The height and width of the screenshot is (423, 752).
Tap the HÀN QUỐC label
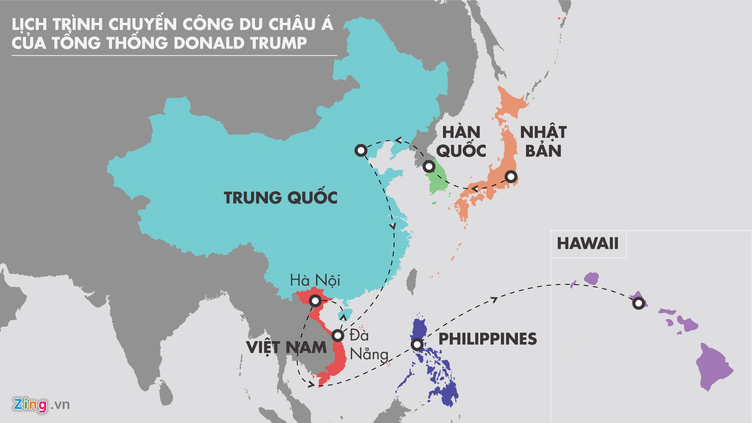[x=461, y=141]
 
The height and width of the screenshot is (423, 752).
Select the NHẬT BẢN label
[x=543, y=141]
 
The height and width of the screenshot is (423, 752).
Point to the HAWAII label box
[x=587, y=244]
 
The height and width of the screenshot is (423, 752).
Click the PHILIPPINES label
[x=487, y=339]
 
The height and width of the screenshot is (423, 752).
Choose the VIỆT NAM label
[x=286, y=347]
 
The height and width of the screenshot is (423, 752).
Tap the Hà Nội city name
[x=315, y=280]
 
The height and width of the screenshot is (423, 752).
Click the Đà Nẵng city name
[x=369, y=345]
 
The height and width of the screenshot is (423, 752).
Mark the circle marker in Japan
[x=511, y=177]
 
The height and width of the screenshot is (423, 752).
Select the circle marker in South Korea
[x=429, y=166]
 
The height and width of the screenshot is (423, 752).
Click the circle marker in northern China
[x=360, y=150]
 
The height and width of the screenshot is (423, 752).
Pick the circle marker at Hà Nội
[x=315, y=301]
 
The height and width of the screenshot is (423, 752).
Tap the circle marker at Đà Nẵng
[x=338, y=336]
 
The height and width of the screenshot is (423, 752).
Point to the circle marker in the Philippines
[x=418, y=345]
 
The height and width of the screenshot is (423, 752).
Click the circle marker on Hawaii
[x=638, y=303]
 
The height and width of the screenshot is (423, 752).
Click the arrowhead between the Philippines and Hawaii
[x=494, y=300]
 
